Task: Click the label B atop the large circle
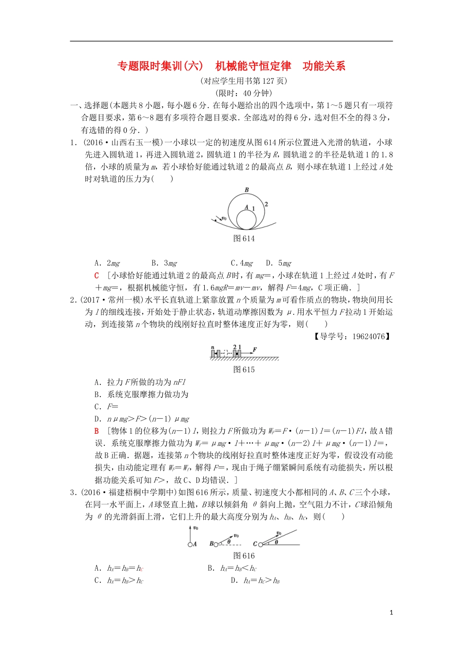[x=247, y=190]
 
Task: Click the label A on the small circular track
[x=247, y=207]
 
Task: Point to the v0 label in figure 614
[x=224, y=218]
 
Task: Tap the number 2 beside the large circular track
[x=266, y=204]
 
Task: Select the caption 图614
[x=244, y=238]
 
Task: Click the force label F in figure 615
[x=254, y=349]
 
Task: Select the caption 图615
[x=244, y=369]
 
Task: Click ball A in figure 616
[x=189, y=544]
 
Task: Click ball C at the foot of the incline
[x=260, y=544]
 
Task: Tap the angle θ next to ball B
[x=229, y=541]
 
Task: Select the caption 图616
[x=244, y=556]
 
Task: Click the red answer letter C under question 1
[x=97, y=275]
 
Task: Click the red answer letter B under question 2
[x=97, y=431]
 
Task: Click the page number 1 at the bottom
[x=391, y=613]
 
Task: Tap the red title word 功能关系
[x=324, y=66]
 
